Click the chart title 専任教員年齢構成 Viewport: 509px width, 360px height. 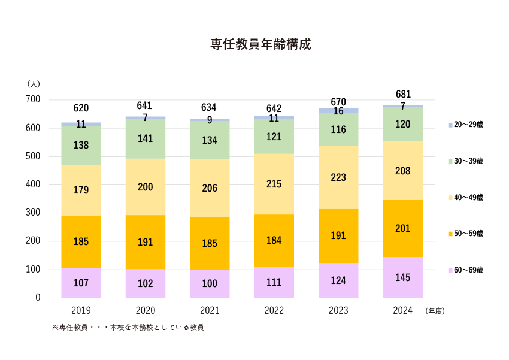click(260, 44)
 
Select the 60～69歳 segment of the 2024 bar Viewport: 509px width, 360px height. click(403, 277)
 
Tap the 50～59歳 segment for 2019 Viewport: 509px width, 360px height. click(81, 242)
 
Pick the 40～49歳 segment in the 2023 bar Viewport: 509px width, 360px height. click(338, 177)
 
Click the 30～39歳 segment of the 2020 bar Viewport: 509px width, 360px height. click(146, 138)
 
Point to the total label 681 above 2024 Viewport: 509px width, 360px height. click(403, 95)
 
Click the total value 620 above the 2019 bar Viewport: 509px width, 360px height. click(81, 108)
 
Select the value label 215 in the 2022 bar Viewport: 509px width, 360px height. click(274, 184)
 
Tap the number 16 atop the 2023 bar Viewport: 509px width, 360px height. click(338, 111)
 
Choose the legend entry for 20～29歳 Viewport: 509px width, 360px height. click(468, 125)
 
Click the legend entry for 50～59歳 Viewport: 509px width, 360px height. click(468, 233)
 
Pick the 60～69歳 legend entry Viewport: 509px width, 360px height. click(468, 270)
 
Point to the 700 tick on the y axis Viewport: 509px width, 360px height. click(33, 99)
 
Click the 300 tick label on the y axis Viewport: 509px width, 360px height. click(33, 213)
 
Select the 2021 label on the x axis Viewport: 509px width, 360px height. click(210, 311)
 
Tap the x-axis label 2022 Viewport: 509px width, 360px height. click(274, 311)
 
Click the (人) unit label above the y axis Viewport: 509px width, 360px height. click(34, 83)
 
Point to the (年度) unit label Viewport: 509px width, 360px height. click(435, 311)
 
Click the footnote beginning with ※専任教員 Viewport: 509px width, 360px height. click(128, 328)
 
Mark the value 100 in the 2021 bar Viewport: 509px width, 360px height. click(210, 284)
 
